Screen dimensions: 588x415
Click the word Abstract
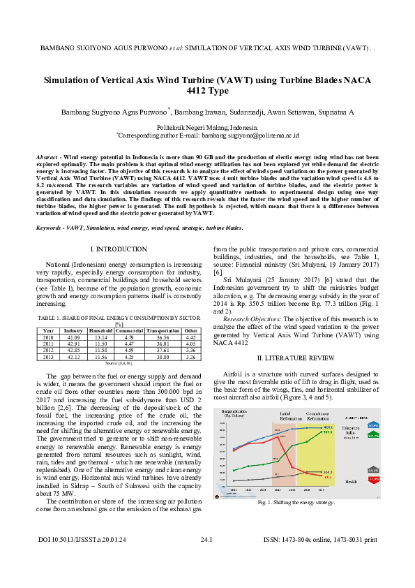click(x=47, y=159)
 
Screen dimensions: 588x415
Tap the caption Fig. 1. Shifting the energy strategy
click(x=296, y=503)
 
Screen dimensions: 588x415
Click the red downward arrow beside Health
click(x=373, y=480)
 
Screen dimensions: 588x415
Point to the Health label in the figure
click(x=352, y=482)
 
